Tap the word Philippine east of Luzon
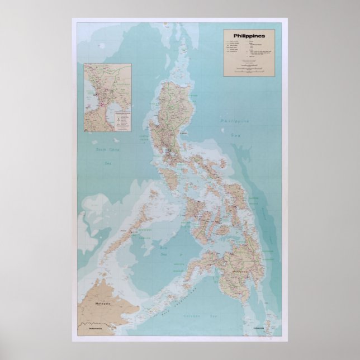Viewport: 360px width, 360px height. point(235,121)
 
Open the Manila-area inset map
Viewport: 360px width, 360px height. point(107,97)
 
